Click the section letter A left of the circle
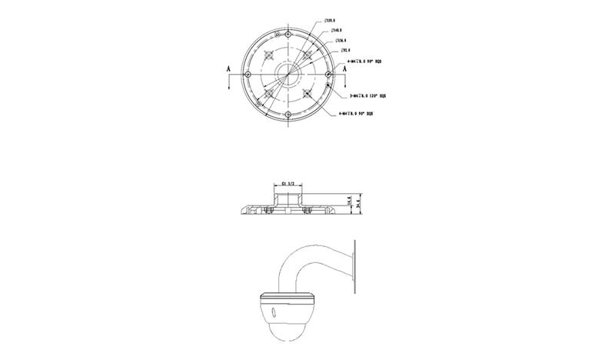coord(230,69)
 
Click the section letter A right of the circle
coord(346,69)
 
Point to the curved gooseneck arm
coord(296,265)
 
